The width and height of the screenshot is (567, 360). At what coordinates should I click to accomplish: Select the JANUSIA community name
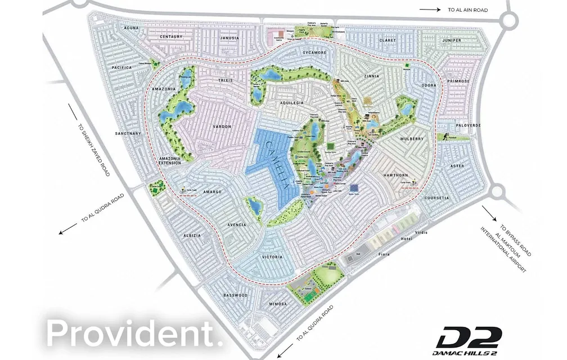click(229, 38)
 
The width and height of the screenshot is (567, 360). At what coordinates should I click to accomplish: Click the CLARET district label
click(388, 40)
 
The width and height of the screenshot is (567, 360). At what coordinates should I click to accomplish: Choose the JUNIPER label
click(451, 40)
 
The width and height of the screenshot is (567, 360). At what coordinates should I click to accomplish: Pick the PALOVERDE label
click(467, 125)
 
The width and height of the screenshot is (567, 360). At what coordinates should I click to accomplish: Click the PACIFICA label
click(121, 67)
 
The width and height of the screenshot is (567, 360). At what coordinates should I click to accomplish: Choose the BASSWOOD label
click(235, 295)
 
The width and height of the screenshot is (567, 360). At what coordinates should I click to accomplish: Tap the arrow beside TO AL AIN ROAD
click(429, 9)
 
